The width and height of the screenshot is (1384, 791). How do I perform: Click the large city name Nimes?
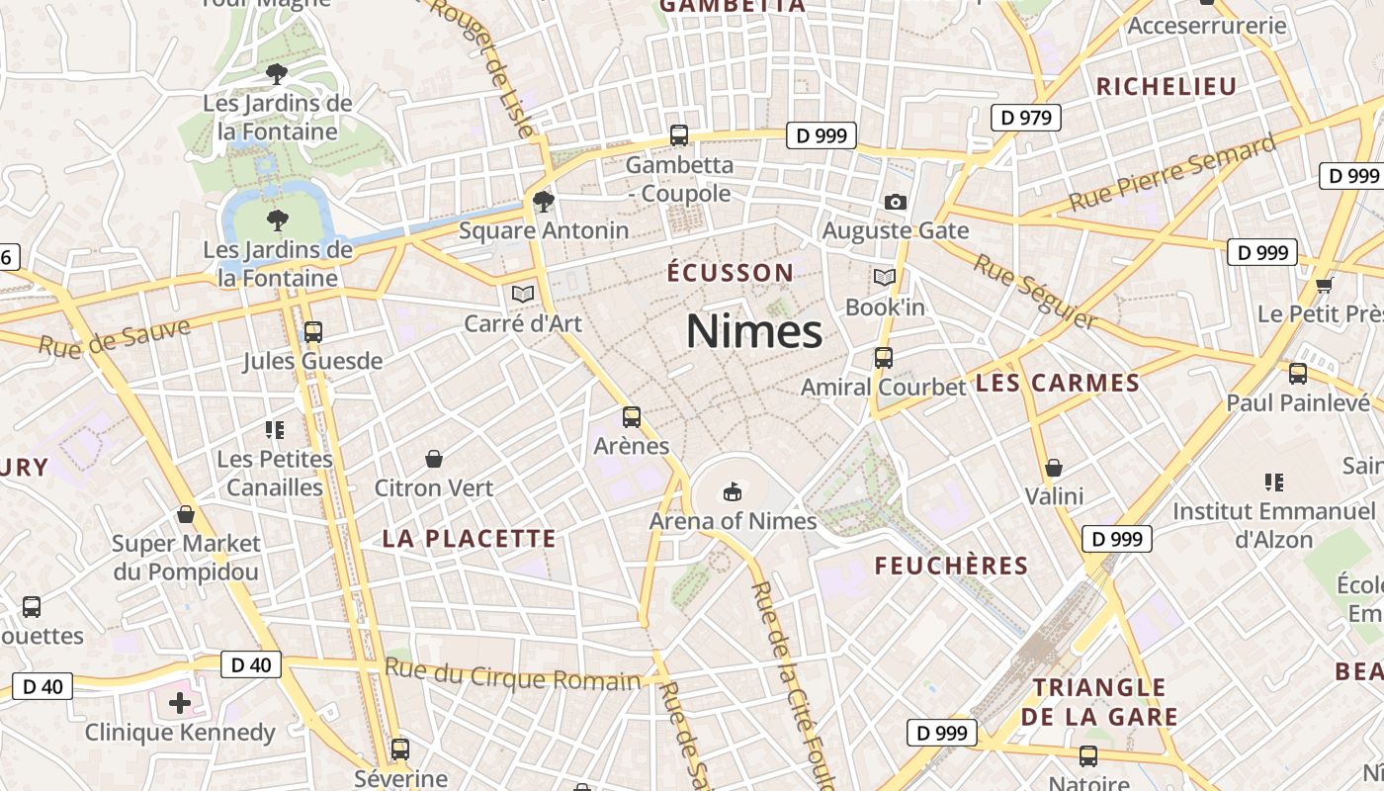coord(753,330)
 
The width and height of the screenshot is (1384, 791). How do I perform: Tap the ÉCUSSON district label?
coord(730,273)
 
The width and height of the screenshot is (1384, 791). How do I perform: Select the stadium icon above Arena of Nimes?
coord(733,490)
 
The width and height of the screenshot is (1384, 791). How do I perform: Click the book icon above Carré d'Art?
coord(522,294)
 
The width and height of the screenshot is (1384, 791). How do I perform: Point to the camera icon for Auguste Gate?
coord(895,202)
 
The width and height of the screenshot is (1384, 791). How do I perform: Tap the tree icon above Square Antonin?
coord(543,202)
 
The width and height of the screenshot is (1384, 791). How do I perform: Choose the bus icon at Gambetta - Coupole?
coord(678,135)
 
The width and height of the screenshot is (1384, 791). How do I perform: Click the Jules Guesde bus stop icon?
coord(312,332)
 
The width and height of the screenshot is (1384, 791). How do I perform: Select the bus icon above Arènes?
coord(632,417)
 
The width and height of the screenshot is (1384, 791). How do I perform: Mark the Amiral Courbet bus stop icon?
coord(883,358)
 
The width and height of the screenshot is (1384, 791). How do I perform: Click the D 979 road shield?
coord(1025,118)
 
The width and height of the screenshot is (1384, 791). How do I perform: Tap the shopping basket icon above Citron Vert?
coord(433,459)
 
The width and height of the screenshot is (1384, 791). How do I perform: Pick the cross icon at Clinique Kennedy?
coord(179,703)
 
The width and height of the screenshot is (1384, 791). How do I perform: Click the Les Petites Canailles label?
coord(275,474)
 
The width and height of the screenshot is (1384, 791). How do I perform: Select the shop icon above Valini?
coord(1054,468)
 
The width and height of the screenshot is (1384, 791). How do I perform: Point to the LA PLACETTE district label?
coord(469,539)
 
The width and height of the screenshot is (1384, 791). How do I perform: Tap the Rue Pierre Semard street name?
coord(1170,174)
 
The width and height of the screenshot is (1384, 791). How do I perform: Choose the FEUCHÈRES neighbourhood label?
coord(951,566)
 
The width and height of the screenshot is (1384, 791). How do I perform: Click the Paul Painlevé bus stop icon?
coord(1297,374)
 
